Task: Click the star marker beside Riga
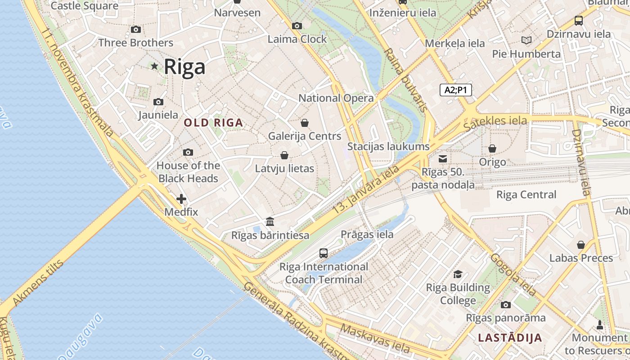pos(154,66)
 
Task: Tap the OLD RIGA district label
pos(213,122)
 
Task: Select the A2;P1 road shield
pos(455,90)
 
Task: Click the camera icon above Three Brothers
pos(135,30)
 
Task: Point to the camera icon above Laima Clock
pos(297,26)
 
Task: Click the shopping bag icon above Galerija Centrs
pos(305,123)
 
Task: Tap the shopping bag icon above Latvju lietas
pos(284,156)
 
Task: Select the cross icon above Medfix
pos(181,199)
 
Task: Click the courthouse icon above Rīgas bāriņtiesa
pos(270,222)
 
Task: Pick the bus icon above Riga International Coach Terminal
pos(324,253)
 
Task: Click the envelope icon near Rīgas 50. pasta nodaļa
pos(443,158)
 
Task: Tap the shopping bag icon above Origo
pos(492,148)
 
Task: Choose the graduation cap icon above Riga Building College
pos(458,274)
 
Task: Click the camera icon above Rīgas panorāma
pos(506,305)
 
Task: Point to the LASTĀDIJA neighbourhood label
pos(510,337)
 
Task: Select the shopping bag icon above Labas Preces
pos(581,245)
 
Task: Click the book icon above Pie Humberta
pos(526,40)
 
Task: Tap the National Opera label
pos(336,98)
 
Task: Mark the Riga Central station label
pos(526,195)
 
